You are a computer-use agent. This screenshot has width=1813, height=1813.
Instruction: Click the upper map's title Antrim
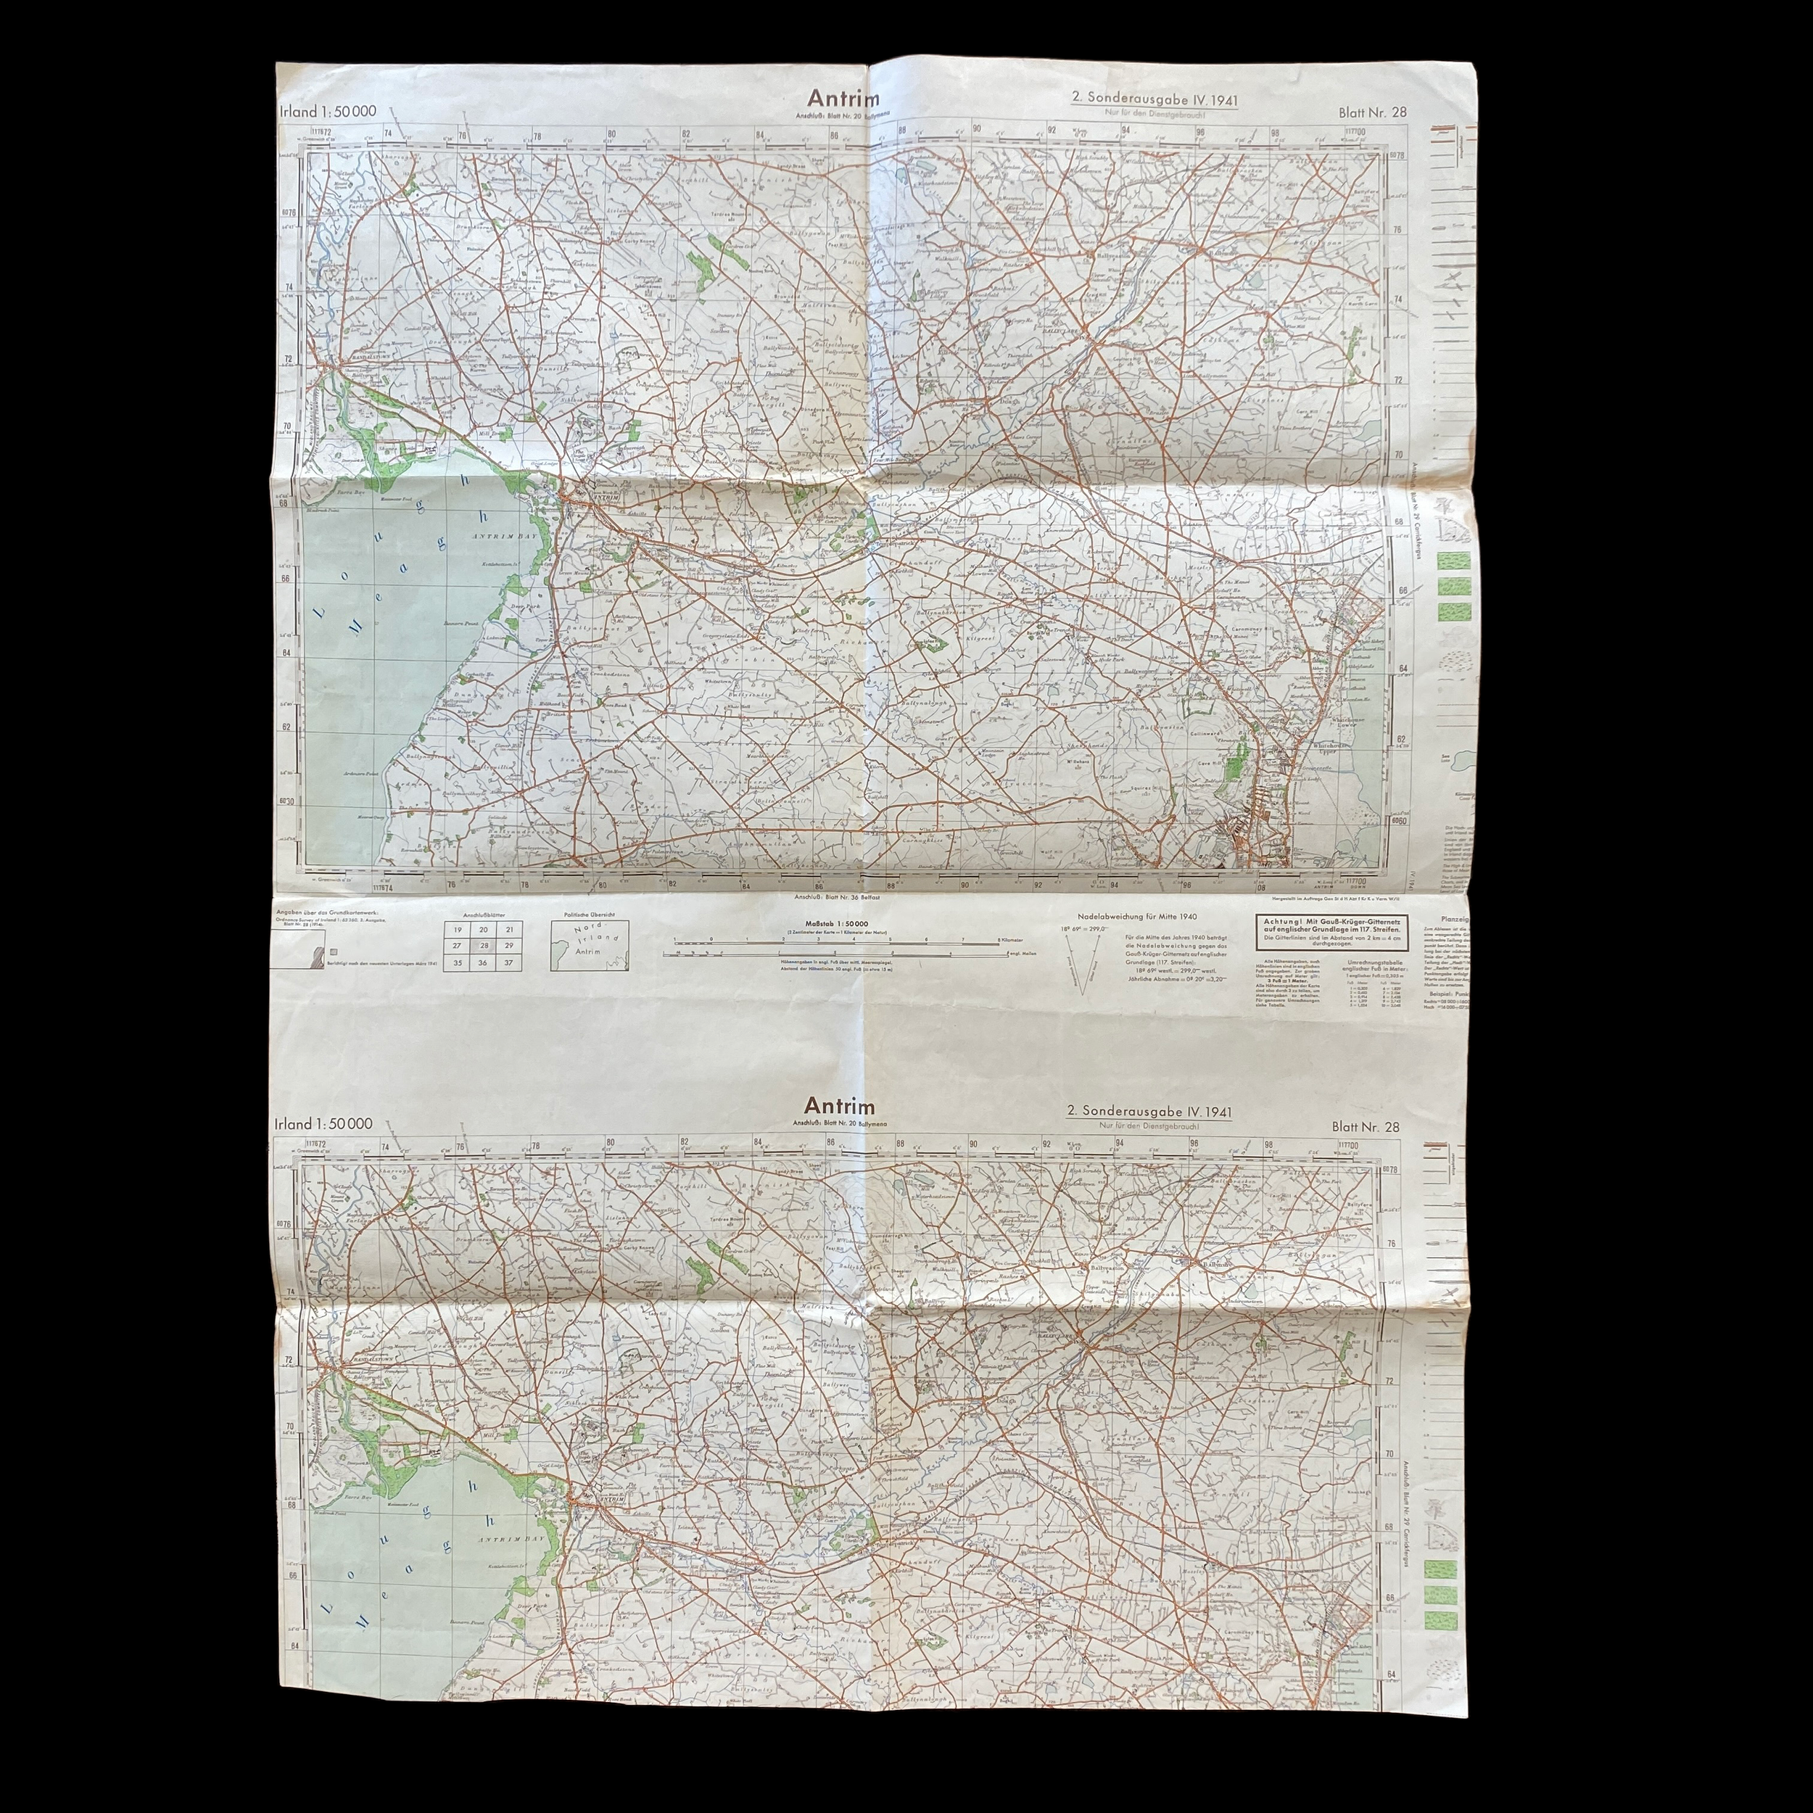(829, 100)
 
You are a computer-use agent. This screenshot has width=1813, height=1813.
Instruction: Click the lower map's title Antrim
(827, 1107)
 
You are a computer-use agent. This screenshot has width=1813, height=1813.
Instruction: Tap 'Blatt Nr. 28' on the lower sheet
(1366, 1127)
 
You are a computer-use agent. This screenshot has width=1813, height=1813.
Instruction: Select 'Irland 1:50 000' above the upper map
(328, 111)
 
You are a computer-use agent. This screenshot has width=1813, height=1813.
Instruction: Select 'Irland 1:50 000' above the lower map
(323, 1124)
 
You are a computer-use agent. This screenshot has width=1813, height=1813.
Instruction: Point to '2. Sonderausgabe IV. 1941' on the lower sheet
(1149, 1111)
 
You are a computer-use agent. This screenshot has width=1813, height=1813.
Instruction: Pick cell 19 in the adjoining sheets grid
(457, 929)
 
